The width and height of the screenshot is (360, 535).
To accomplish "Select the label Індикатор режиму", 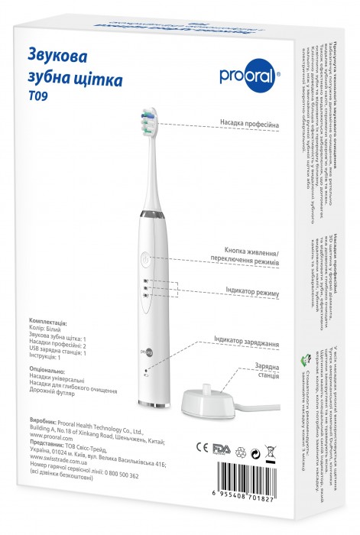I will (x=251, y=293).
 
